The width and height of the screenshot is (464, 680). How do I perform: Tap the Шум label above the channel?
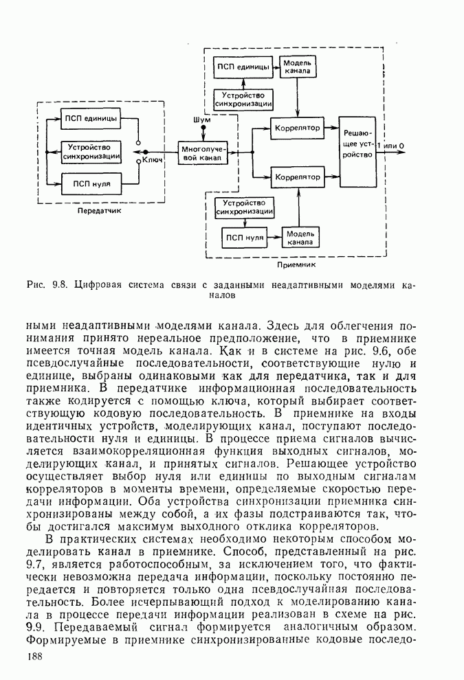click(x=202, y=120)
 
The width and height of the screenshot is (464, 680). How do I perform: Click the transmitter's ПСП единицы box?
click(x=91, y=118)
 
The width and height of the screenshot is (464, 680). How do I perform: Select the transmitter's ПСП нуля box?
click(x=91, y=184)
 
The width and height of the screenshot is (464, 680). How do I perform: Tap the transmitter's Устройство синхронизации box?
click(x=91, y=151)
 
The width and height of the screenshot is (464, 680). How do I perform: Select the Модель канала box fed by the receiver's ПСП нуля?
click(x=299, y=237)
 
